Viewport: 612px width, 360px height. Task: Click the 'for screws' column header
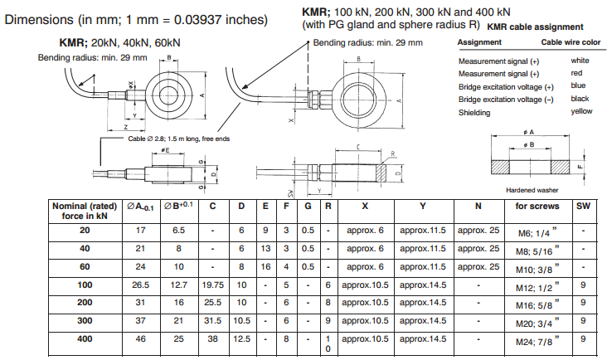[537, 206]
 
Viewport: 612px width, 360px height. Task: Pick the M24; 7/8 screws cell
[538, 339]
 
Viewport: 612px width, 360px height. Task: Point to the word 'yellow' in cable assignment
[581, 111]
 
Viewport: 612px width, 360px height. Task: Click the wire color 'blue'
[578, 85]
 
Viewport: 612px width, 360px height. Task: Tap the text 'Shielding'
[474, 113]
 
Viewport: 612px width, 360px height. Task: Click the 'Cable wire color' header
[571, 41]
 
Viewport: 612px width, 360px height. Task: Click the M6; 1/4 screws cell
[538, 231]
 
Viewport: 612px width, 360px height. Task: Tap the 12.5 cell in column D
[241, 339]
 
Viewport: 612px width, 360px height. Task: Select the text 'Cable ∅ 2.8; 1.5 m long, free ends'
[178, 139]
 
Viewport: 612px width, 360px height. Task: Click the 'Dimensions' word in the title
[39, 19]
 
